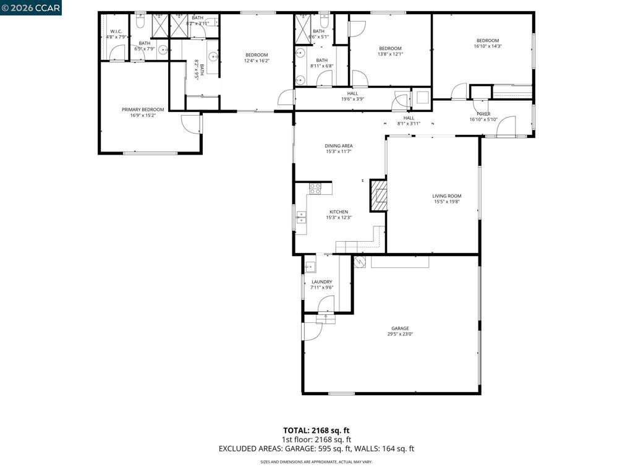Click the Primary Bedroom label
pos(143,109)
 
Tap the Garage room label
pos(399,328)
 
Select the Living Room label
pos(447,196)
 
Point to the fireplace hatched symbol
pos(378,196)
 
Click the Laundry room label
pos(321,282)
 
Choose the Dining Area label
pos(339,146)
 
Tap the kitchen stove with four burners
pos(315,188)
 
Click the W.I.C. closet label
pos(116,31)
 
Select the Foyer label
pos(483,114)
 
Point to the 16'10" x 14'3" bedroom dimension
pos(487,46)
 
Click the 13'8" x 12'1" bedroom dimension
pos(390,54)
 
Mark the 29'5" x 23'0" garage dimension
pos(399,335)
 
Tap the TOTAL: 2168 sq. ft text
pos(316,430)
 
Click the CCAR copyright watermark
pos(31,7)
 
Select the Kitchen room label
pos(338,212)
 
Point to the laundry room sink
pos(311,267)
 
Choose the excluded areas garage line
pos(316,449)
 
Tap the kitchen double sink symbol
pos(301,216)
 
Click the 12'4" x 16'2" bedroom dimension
pos(257,61)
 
